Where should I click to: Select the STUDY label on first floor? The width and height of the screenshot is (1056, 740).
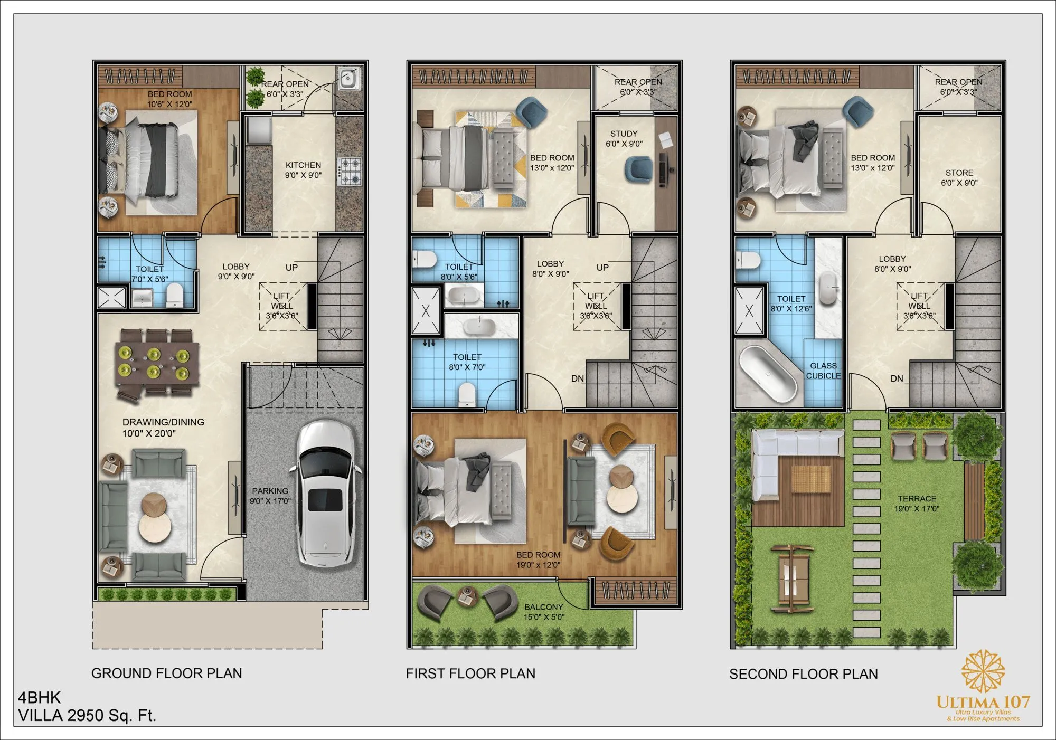624,134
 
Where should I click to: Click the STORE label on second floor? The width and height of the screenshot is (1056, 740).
959,173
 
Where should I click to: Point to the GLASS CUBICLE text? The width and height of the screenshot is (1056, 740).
823,371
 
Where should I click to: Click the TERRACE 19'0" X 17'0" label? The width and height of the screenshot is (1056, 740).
917,504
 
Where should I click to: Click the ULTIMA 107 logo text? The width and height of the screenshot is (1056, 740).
983,702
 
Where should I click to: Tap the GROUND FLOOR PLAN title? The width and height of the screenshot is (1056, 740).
167,673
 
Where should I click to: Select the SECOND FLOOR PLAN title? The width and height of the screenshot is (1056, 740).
803,674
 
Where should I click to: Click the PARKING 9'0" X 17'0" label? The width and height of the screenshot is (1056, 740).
270,496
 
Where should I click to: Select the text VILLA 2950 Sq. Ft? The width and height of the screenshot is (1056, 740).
87,716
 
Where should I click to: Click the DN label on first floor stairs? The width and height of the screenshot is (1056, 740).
577,378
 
